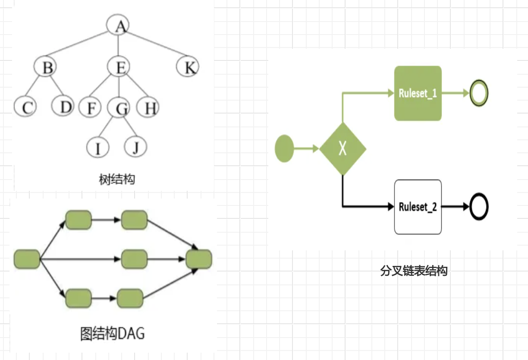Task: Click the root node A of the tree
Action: (x=119, y=26)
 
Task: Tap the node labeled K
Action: (x=188, y=67)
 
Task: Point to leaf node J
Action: (x=135, y=147)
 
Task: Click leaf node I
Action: (x=97, y=148)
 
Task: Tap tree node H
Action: (x=148, y=108)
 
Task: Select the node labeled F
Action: (x=90, y=108)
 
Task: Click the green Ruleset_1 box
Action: (x=418, y=93)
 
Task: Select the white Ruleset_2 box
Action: (x=418, y=207)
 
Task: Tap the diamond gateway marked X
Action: (x=343, y=149)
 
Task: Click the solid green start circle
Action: (x=284, y=149)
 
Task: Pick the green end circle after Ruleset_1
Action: (x=478, y=93)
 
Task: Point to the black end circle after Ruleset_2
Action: (x=478, y=207)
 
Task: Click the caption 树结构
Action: (x=117, y=179)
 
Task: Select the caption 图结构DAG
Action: (x=113, y=334)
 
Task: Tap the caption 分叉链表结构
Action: (x=414, y=271)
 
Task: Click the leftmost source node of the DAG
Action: (x=27, y=259)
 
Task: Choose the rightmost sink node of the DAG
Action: (x=199, y=259)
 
